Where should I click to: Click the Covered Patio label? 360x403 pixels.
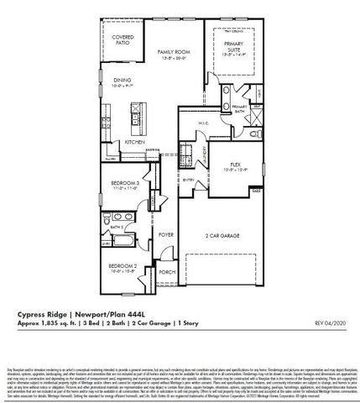(x=123, y=40)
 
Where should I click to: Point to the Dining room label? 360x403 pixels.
(x=123, y=81)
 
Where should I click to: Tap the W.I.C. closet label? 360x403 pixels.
(x=202, y=123)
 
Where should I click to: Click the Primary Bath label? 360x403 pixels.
(x=238, y=108)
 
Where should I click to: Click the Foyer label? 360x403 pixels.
(x=167, y=235)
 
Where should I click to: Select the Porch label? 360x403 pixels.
(x=166, y=271)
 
